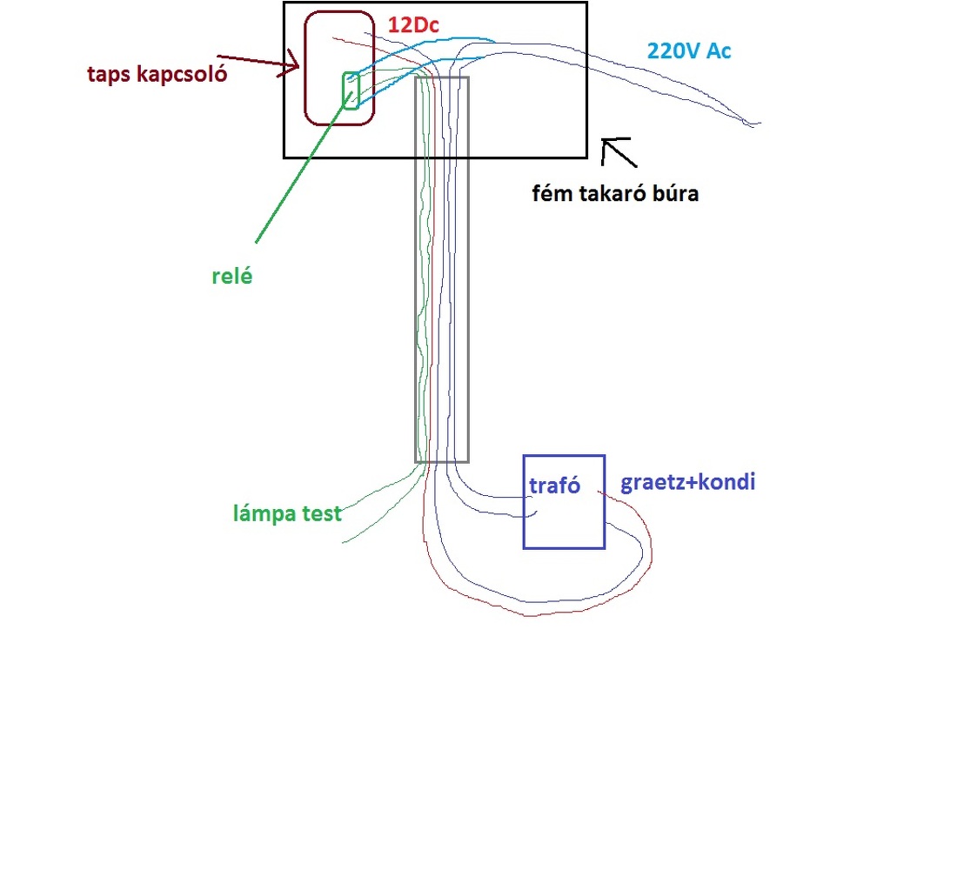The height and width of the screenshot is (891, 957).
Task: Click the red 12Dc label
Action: click(413, 25)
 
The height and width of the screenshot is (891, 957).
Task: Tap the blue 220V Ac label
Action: click(688, 51)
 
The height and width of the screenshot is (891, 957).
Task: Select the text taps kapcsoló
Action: click(157, 75)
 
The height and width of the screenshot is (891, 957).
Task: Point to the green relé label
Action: click(232, 276)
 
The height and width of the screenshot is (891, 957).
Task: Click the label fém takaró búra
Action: click(615, 193)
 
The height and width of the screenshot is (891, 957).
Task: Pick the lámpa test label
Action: click(287, 513)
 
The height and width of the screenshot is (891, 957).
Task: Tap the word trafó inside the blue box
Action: click(554, 486)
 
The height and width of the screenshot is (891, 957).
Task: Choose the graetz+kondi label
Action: click(688, 482)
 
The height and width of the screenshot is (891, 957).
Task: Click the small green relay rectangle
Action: click(351, 91)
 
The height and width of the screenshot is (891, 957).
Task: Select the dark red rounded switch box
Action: click(339, 69)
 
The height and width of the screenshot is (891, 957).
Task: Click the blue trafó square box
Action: click(564, 502)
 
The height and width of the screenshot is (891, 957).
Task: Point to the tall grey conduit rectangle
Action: click(441, 269)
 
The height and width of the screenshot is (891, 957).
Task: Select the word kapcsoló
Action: click(182, 75)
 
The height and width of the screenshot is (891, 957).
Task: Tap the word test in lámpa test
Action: click(322, 513)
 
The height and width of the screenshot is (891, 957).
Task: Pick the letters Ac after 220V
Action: click(719, 51)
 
